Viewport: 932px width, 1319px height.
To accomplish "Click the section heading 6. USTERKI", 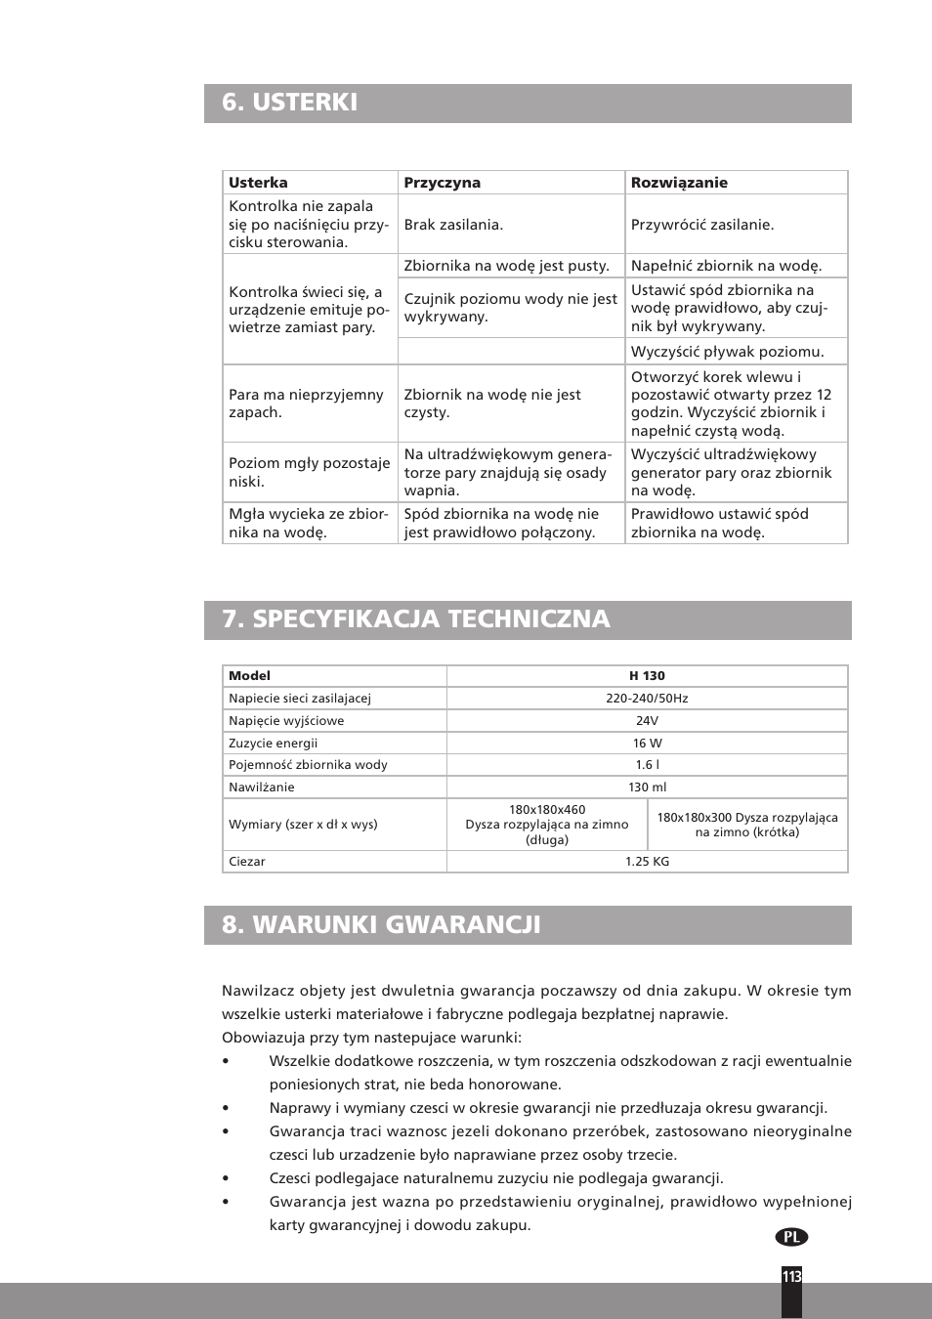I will click(290, 103).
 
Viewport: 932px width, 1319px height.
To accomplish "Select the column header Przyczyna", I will click(442, 183).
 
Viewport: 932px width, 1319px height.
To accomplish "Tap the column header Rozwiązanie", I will click(679, 183).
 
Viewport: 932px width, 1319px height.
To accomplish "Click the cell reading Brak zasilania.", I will click(453, 225).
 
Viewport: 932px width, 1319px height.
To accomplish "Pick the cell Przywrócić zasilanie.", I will click(701, 225).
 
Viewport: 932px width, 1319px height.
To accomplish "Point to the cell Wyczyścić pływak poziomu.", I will click(727, 352).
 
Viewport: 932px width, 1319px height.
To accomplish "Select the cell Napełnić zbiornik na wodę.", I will click(726, 266).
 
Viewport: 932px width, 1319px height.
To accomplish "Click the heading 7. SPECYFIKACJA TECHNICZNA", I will click(415, 619).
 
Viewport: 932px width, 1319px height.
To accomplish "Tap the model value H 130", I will click(647, 676).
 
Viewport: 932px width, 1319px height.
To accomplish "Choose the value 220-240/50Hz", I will click(647, 699).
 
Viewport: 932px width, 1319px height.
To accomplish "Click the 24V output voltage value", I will click(647, 721).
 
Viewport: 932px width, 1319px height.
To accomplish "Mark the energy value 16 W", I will click(647, 744).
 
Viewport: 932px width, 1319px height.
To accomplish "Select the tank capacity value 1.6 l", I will click(647, 765).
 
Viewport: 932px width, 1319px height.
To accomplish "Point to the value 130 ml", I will click(647, 787).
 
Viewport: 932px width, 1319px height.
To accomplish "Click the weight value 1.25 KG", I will click(647, 862).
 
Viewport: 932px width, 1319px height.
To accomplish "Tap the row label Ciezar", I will click(247, 862).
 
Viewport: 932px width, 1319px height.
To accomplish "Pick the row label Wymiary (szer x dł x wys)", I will click(303, 825).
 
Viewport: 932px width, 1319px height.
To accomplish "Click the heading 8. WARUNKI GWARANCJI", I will click(381, 925).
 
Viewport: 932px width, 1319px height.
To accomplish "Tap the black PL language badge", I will click(791, 1237).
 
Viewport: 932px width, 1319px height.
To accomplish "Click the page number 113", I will click(791, 1277).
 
